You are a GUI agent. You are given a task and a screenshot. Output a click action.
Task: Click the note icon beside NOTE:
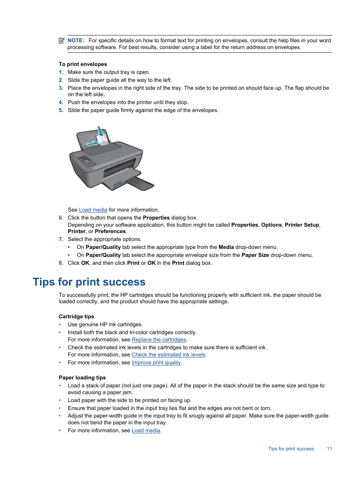pyautogui.click(x=62, y=40)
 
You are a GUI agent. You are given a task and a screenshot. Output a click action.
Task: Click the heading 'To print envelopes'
pyautogui.click(x=83, y=64)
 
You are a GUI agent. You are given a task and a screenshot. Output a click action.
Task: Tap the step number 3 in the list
pyautogui.click(x=61, y=88)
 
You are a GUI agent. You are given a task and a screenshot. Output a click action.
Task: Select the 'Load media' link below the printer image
pyautogui.click(x=93, y=210)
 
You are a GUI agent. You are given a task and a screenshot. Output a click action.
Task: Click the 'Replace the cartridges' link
pyautogui.click(x=159, y=339)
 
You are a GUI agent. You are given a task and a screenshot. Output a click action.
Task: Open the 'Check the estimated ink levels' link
pyautogui.click(x=168, y=355)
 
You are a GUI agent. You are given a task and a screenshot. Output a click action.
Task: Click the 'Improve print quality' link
pyautogui.click(x=156, y=362)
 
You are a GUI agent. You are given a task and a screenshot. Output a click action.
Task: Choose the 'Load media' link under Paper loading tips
pyautogui.click(x=146, y=430)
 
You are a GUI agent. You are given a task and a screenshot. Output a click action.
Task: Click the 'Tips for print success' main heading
pyautogui.click(x=89, y=282)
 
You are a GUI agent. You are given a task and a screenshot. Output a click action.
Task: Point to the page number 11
pyautogui.click(x=329, y=449)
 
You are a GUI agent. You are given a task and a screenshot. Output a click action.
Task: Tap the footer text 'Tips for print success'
pyautogui.click(x=291, y=449)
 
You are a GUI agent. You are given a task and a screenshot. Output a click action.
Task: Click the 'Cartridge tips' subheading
pyautogui.click(x=76, y=316)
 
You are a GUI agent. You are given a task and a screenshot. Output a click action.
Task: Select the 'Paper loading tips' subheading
pyautogui.click(x=82, y=378)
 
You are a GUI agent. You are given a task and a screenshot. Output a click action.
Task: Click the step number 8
pyautogui.click(x=61, y=263)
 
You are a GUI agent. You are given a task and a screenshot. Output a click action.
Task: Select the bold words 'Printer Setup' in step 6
pyautogui.click(x=302, y=225)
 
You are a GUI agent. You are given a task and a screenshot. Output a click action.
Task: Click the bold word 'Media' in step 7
pyautogui.click(x=226, y=247)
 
